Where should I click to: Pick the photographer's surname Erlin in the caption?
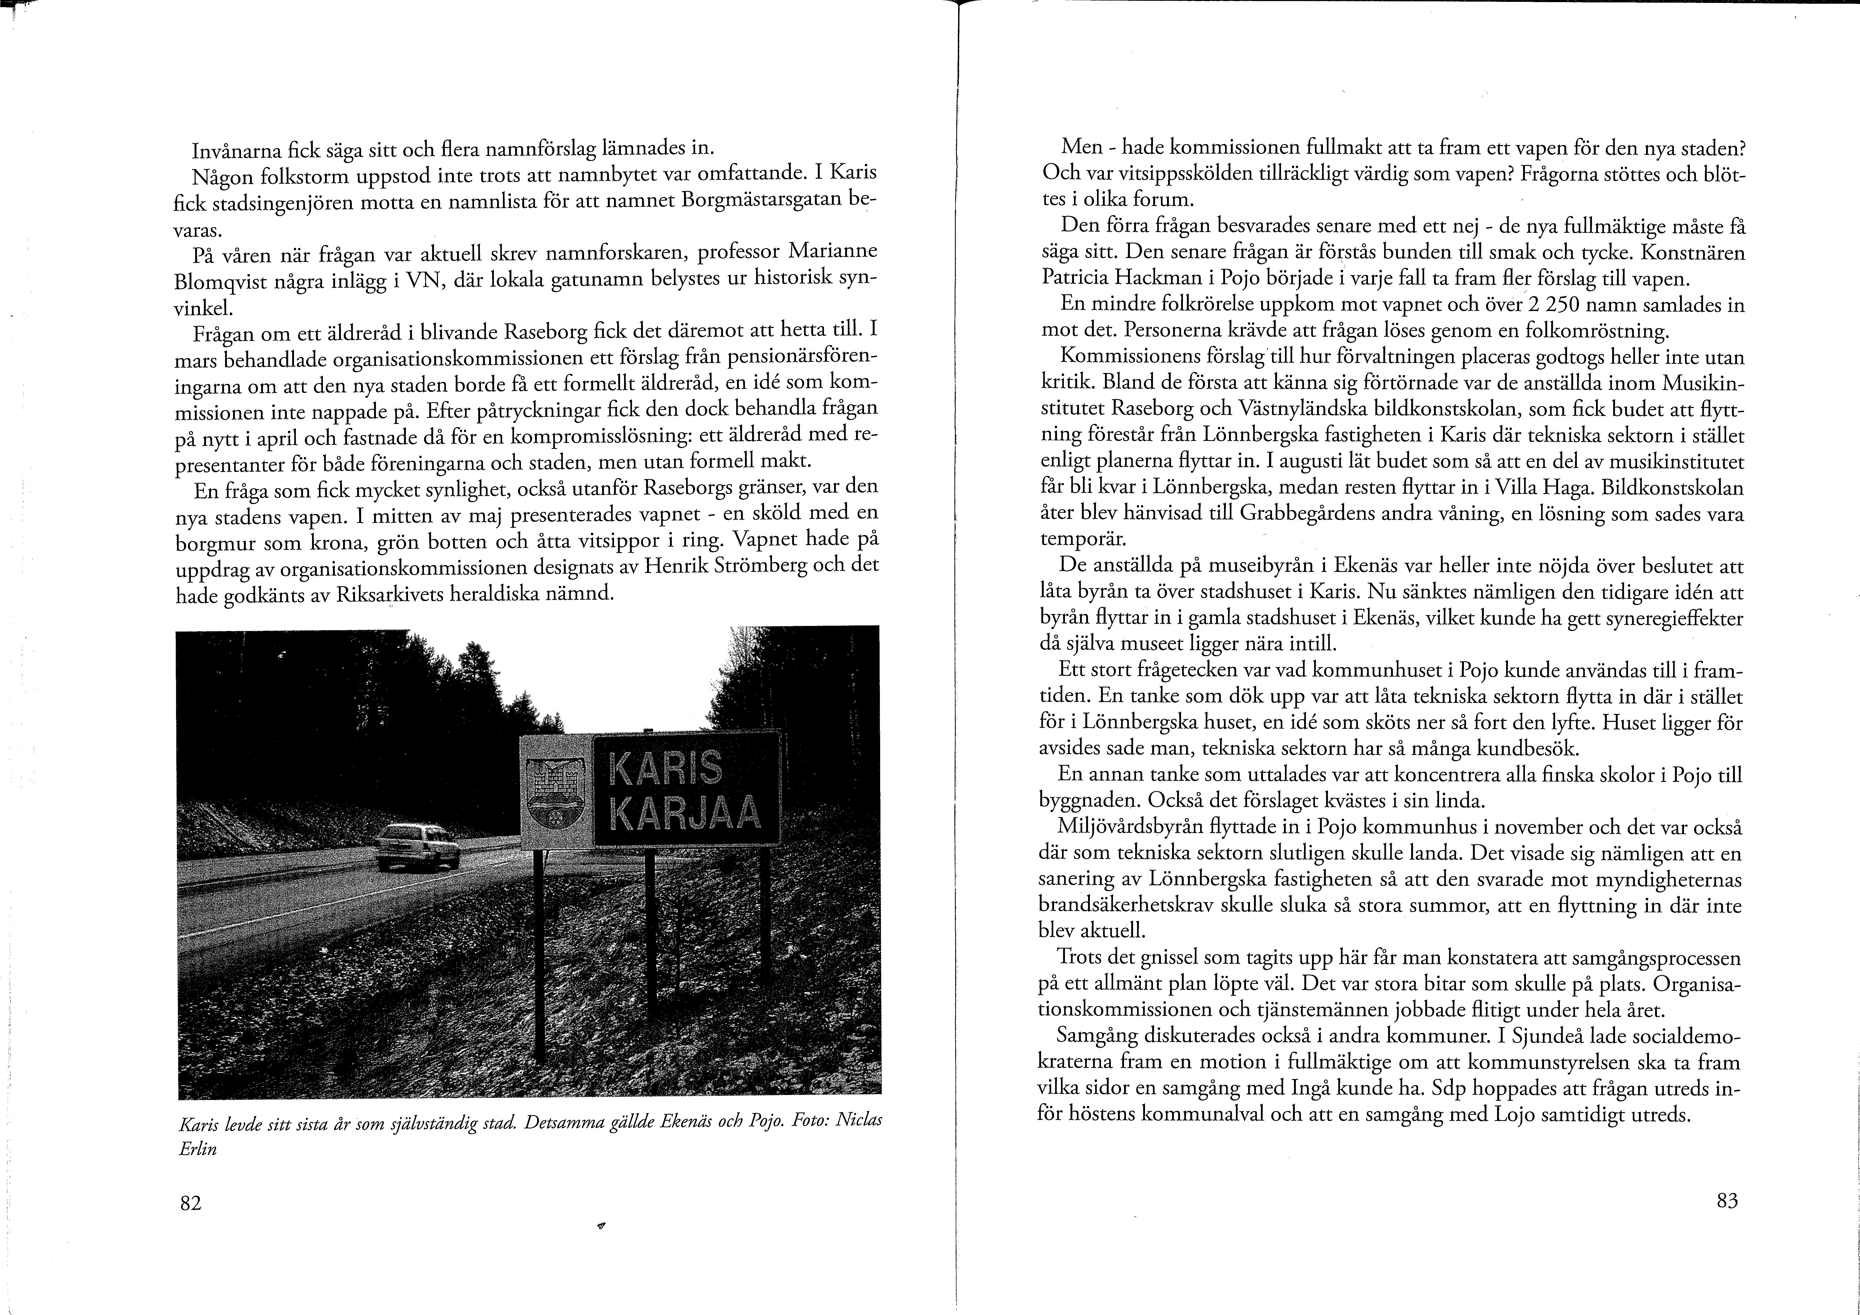(x=197, y=1149)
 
